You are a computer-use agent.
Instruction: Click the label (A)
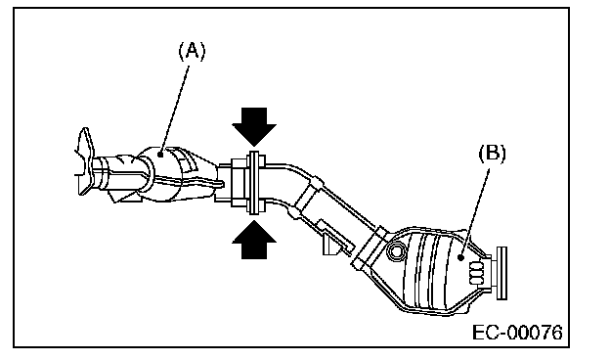(x=192, y=51)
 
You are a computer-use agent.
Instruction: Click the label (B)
(x=492, y=154)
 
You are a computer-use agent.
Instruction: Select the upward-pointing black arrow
(x=254, y=240)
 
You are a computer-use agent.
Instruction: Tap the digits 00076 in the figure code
(x=535, y=333)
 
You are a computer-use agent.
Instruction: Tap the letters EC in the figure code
(x=486, y=333)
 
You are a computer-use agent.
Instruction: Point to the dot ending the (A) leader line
(x=160, y=155)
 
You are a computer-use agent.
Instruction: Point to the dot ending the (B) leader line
(x=461, y=257)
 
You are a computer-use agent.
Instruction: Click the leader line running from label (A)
(x=175, y=111)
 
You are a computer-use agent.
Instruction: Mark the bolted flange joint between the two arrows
(x=253, y=183)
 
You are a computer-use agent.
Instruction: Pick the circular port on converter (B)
(x=397, y=251)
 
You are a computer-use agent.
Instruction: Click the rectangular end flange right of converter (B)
(x=501, y=273)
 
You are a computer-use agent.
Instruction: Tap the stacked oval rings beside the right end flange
(x=477, y=273)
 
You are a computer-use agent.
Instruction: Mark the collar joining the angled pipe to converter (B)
(x=369, y=247)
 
